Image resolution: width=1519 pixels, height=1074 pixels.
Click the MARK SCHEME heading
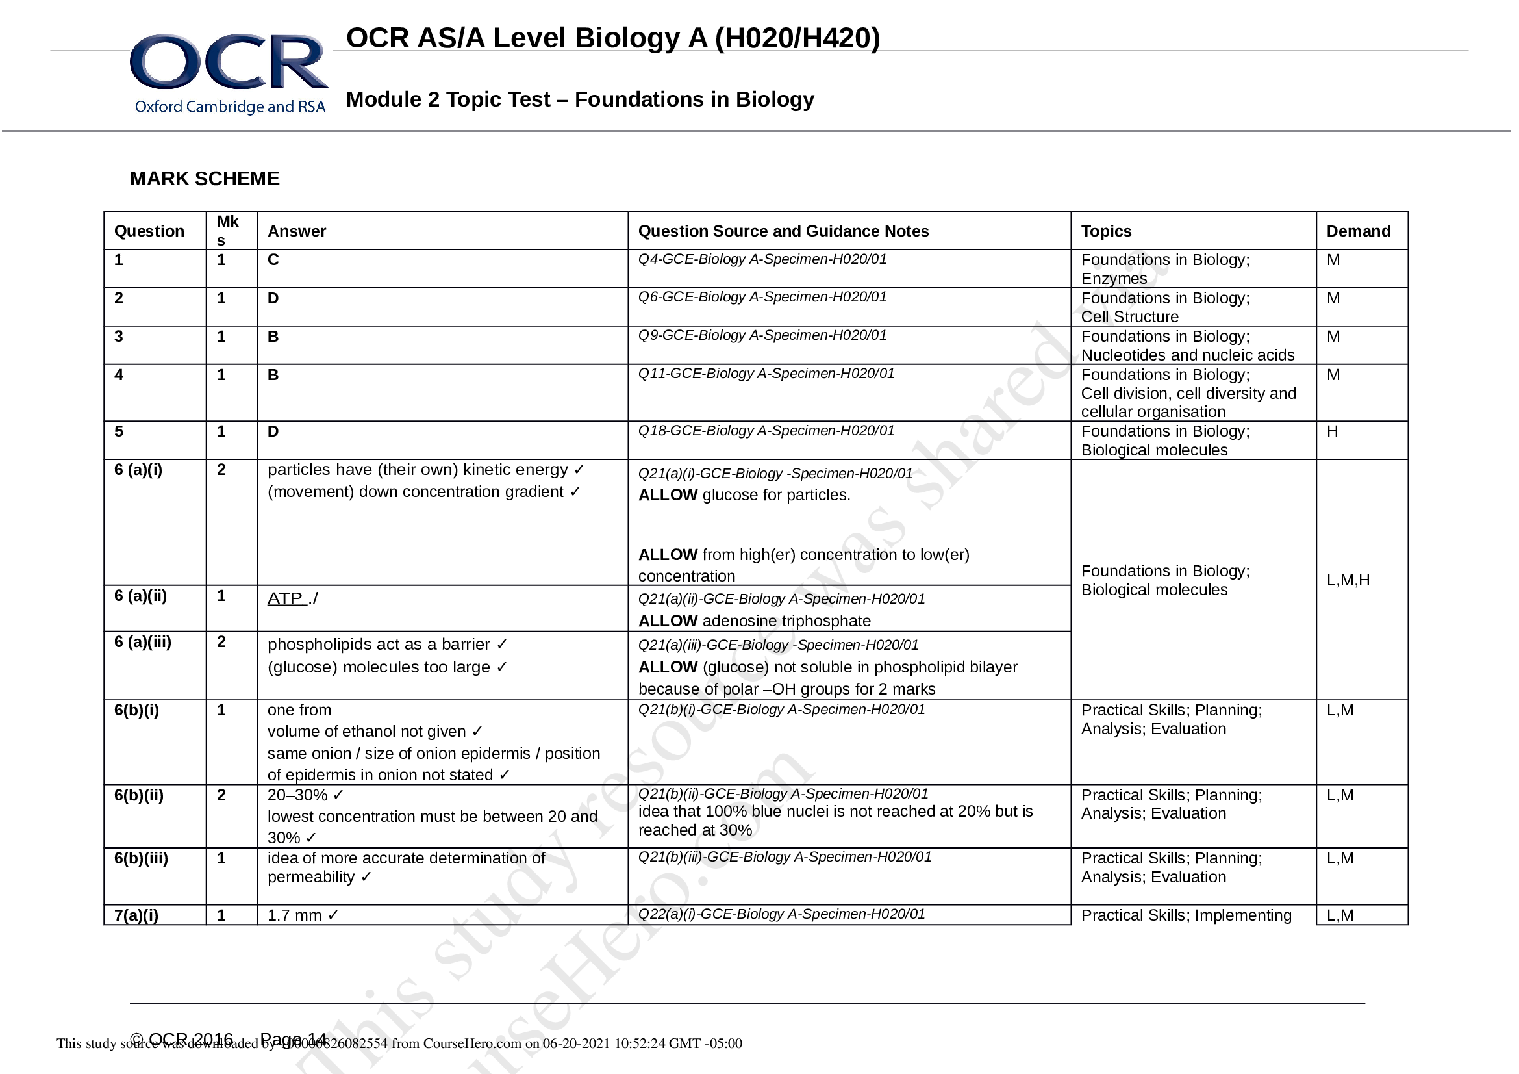205,179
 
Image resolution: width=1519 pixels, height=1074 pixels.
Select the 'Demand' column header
1357,231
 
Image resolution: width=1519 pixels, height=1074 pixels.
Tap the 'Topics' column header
1105,231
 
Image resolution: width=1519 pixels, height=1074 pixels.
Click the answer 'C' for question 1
273,260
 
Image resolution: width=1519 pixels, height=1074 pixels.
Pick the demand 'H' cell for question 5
1332,431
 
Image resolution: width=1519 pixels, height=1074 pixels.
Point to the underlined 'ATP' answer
285,598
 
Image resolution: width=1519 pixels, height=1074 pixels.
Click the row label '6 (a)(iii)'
142,642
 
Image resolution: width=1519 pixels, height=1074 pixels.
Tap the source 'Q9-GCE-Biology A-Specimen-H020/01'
762,335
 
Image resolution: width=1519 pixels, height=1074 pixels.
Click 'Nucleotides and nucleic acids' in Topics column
1187,355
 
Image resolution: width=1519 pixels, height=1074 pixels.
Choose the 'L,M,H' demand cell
1348,580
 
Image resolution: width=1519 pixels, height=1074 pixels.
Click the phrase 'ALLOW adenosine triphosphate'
754,621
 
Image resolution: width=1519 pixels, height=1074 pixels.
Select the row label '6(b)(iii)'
141,858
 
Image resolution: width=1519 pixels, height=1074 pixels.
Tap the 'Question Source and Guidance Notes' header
783,231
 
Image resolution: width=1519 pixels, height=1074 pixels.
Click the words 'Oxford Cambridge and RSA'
229,107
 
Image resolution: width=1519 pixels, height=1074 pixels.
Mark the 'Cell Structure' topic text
1129,317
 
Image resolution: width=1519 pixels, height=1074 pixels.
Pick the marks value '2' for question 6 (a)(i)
221,470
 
